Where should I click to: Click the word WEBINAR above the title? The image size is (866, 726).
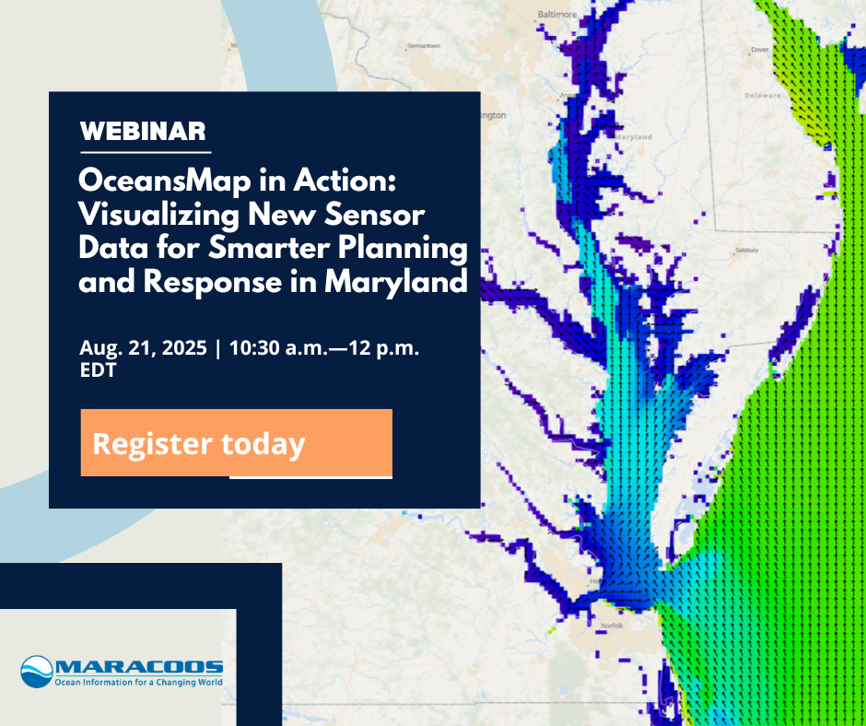(x=143, y=131)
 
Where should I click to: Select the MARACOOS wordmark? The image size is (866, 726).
(x=139, y=667)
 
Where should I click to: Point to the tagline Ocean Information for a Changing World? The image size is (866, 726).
(x=139, y=684)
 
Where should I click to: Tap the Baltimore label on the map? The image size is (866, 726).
(x=557, y=15)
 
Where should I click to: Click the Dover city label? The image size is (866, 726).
(x=759, y=50)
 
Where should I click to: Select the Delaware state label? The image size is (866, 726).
(x=762, y=94)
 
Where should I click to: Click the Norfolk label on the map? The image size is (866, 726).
(x=612, y=626)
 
